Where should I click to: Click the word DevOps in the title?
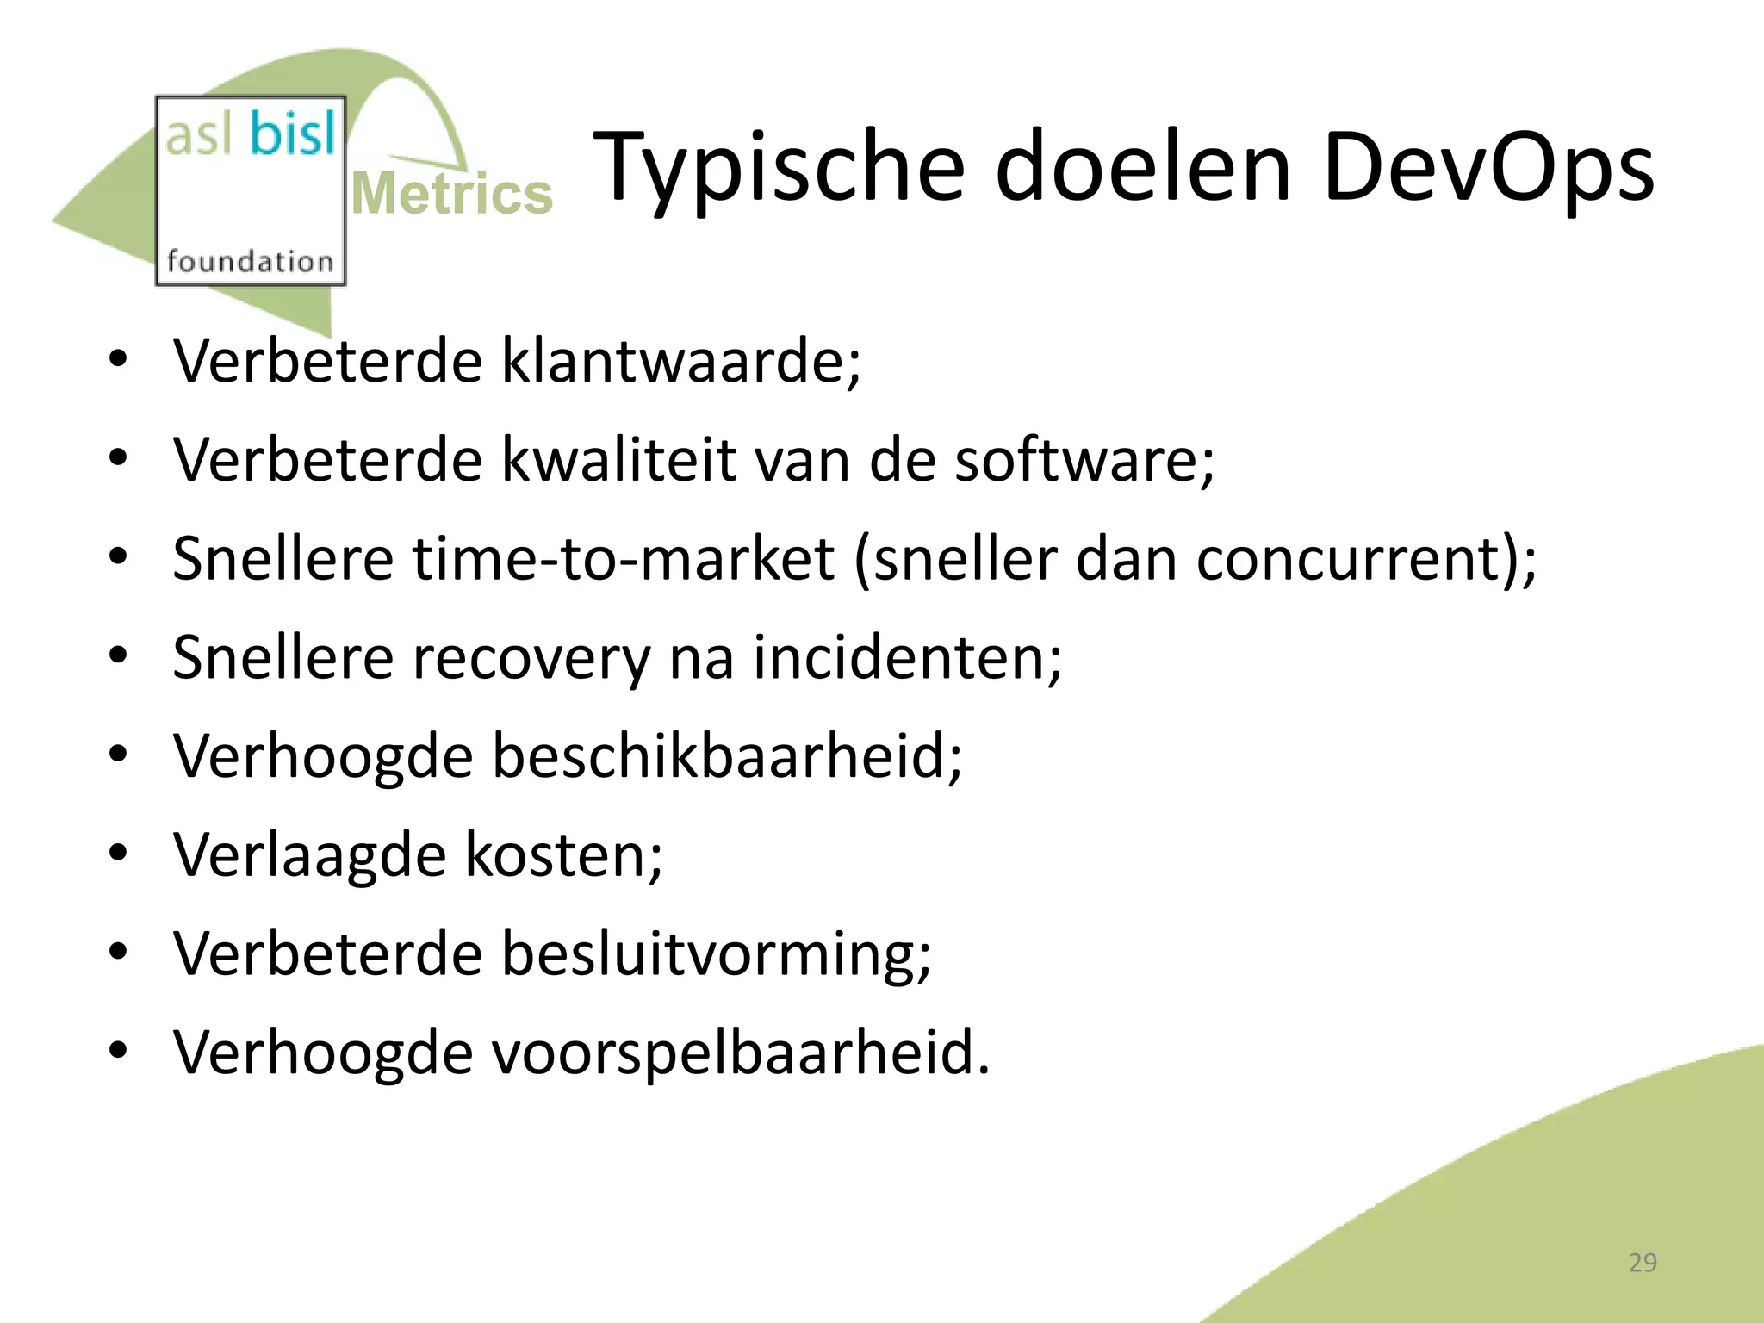point(1488,166)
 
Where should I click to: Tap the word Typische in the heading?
point(780,166)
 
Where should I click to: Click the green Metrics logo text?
point(452,194)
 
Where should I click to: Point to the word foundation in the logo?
point(250,261)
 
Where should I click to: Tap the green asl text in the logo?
point(199,136)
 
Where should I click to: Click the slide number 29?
point(1643,1263)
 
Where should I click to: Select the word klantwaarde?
point(680,361)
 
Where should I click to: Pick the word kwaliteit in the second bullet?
point(618,460)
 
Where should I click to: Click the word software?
point(1084,460)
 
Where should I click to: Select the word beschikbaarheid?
point(726,757)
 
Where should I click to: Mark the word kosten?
point(563,856)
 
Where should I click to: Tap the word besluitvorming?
point(715,955)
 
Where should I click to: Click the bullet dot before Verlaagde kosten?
point(119,854)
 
